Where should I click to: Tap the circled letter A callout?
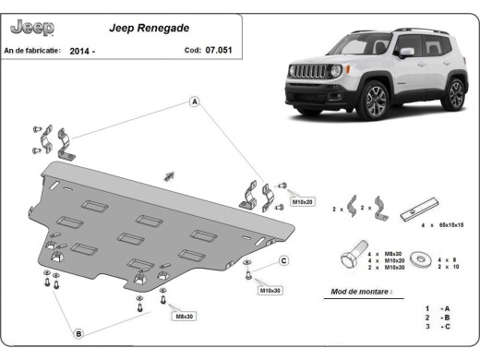[195, 102]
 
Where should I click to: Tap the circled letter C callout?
[284, 260]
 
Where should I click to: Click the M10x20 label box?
[304, 200]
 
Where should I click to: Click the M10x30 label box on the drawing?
[270, 291]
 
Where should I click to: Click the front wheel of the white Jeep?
[376, 102]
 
